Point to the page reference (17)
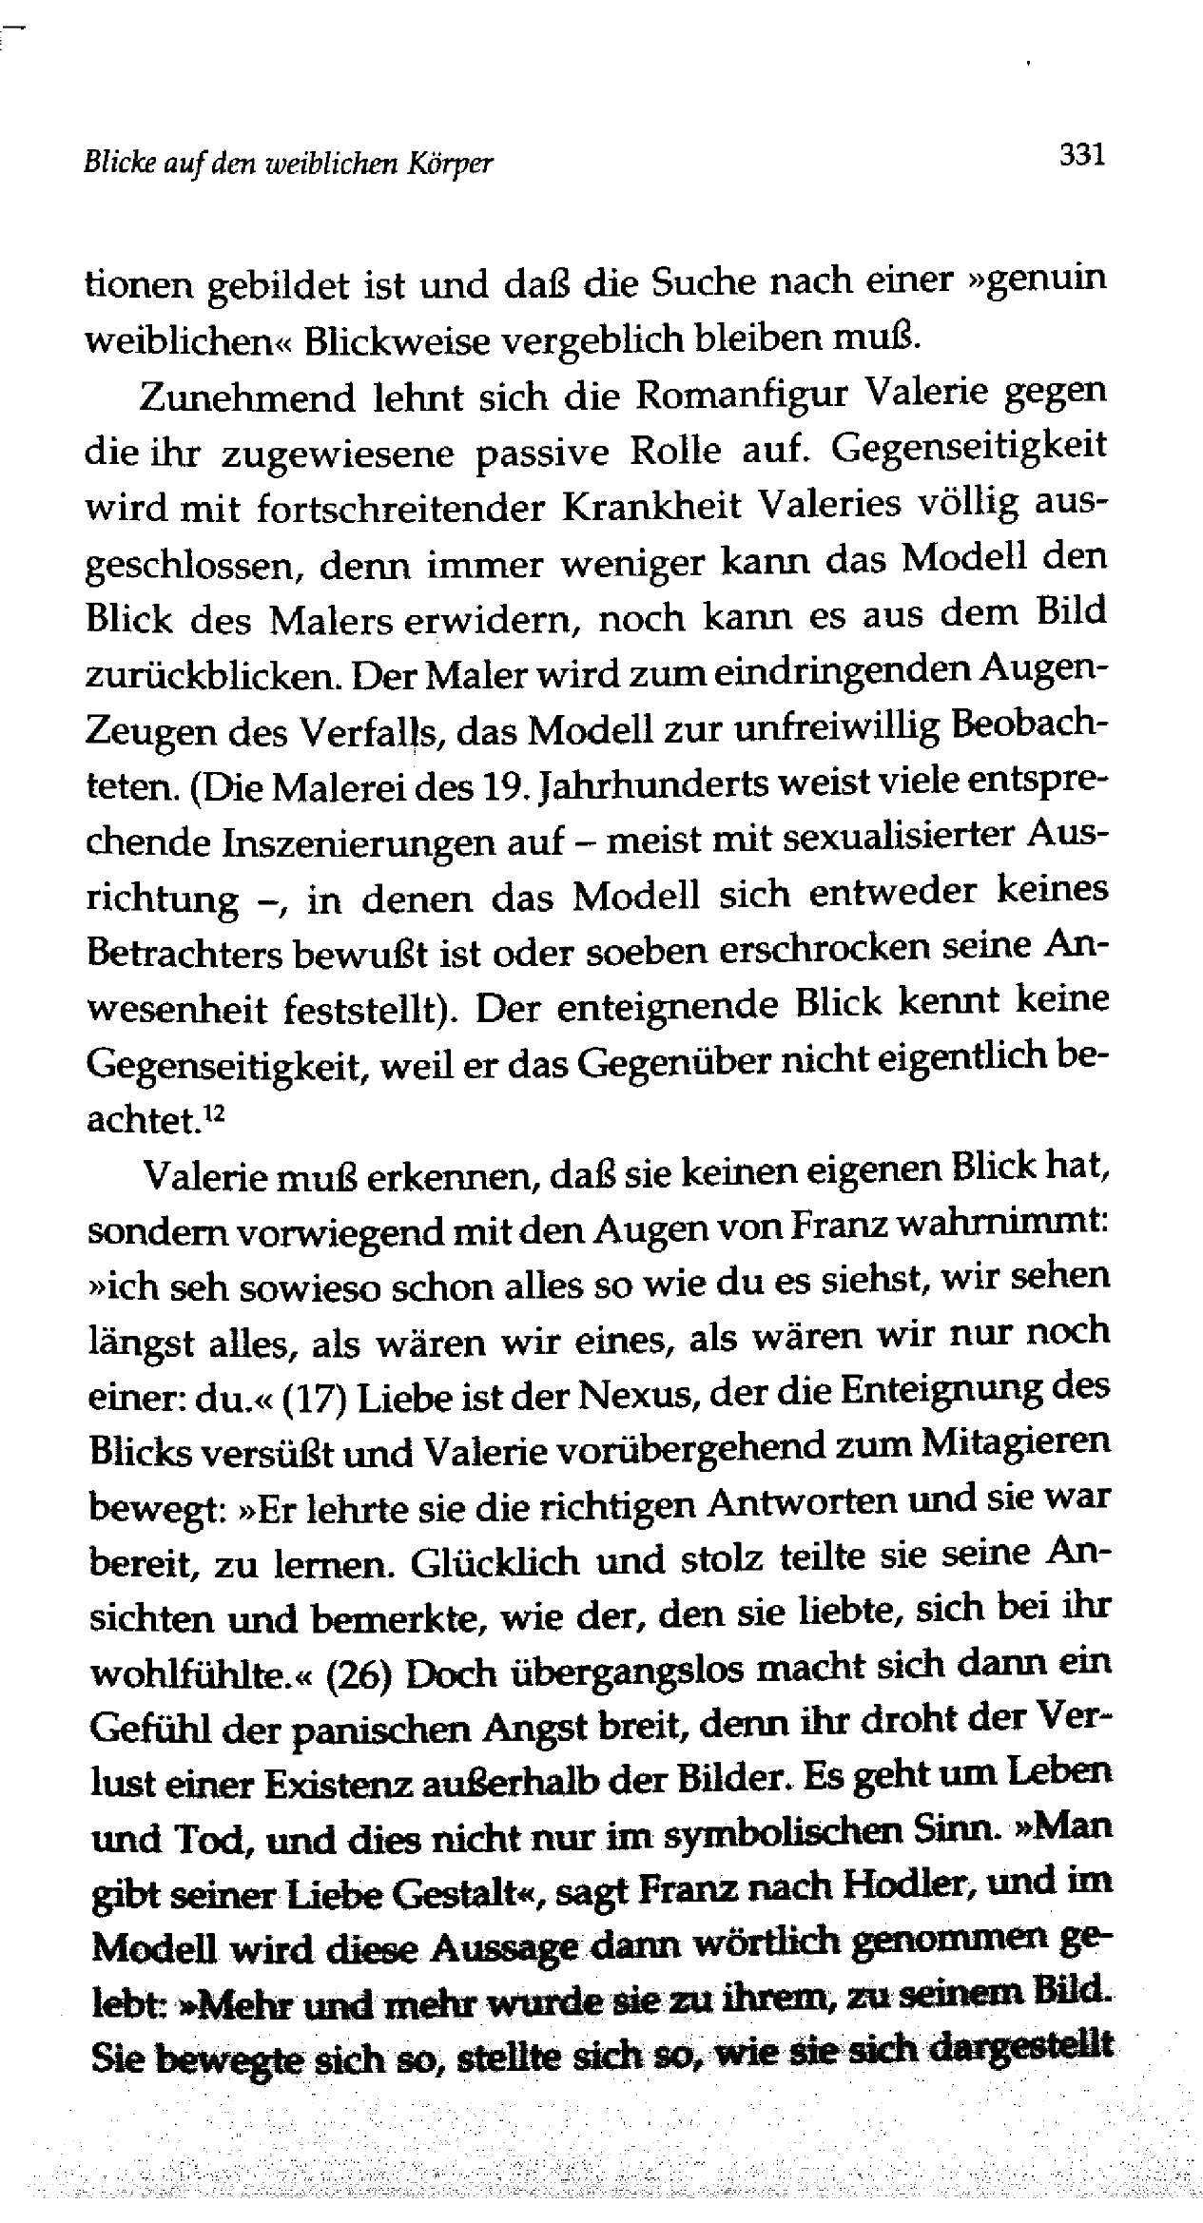coord(319,1399)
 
